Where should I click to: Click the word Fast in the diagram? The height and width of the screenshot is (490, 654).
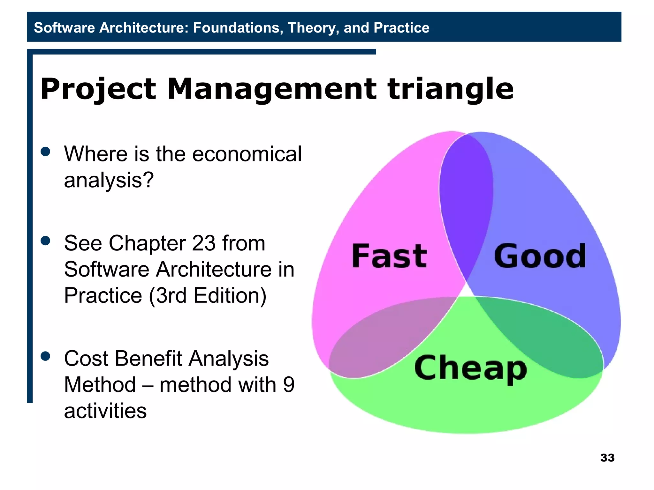tap(389, 256)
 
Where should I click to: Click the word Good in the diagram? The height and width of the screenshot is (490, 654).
tap(540, 256)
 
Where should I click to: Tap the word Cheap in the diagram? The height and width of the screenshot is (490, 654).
tap(470, 368)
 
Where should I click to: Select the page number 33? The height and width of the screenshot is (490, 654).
tap(607, 457)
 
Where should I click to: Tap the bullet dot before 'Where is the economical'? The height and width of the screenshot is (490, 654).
tap(46, 152)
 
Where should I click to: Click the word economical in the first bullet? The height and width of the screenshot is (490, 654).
tap(247, 154)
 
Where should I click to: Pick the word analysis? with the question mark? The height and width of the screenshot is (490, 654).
tap(109, 180)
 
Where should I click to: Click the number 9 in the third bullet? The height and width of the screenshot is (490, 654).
tap(288, 385)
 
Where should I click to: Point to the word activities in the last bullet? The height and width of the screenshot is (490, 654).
tap(105, 411)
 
